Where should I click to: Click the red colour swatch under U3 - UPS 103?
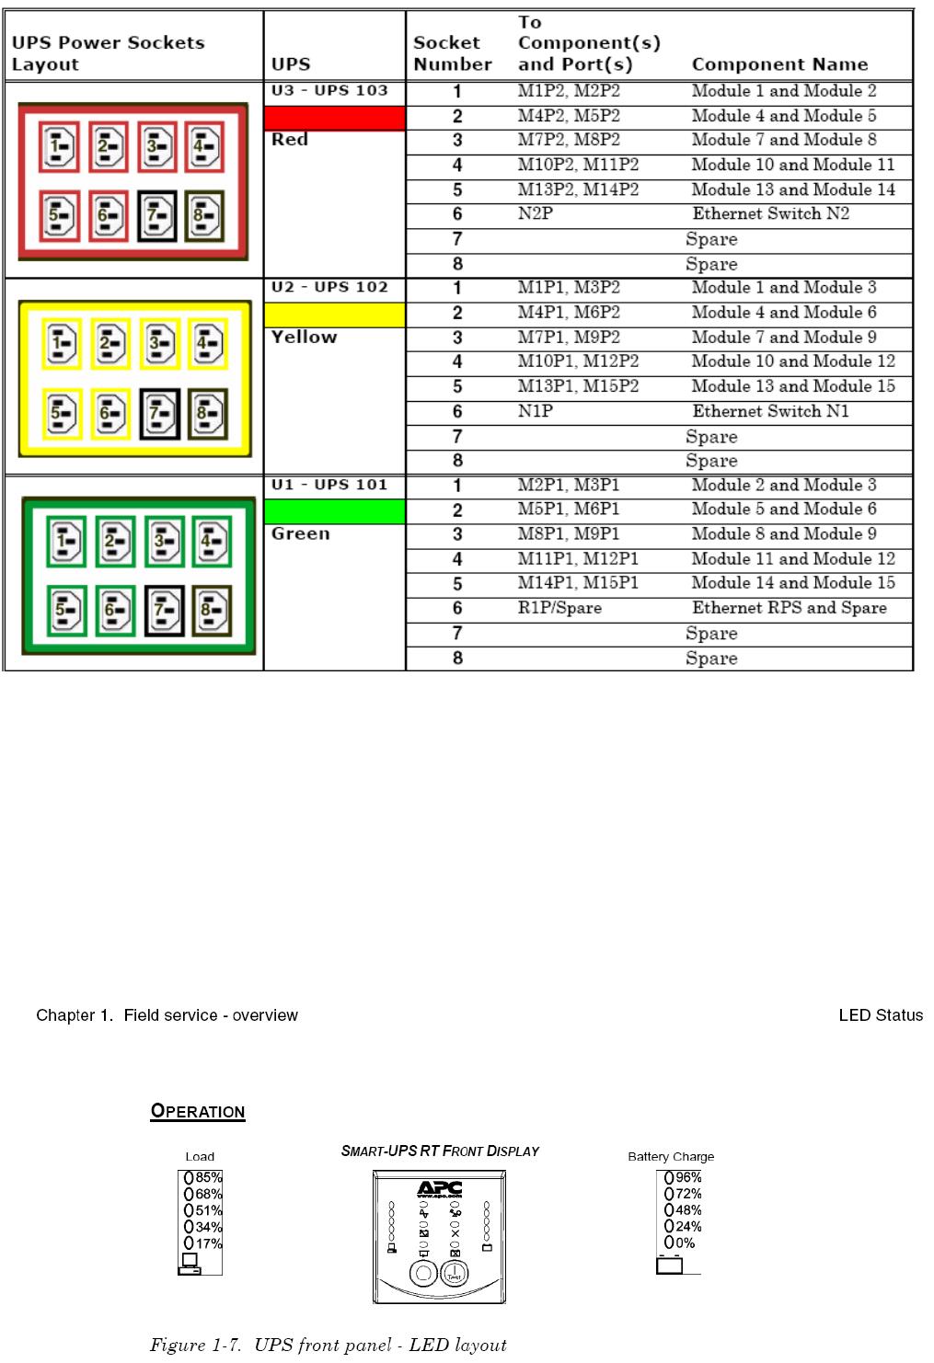(x=335, y=118)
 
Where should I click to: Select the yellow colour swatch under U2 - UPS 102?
(x=335, y=315)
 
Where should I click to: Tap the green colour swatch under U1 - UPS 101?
(x=335, y=511)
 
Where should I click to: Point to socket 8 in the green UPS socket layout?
(x=210, y=611)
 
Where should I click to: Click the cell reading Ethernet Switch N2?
(x=770, y=214)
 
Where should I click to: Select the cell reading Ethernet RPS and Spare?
(x=789, y=608)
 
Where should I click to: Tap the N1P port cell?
(x=535, y=411)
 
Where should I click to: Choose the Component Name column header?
(x=779, y=64)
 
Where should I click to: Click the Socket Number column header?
(x=452, y=53)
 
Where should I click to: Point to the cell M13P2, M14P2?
(x=578, y=189)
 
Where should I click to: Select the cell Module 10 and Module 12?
(x=792, y=361)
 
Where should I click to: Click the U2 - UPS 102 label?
(x=329, y=287)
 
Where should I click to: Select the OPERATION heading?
(x=198, y=1111)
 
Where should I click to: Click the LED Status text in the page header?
(x=881, y=1015)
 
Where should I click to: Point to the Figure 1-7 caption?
(x=329, y=1346)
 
